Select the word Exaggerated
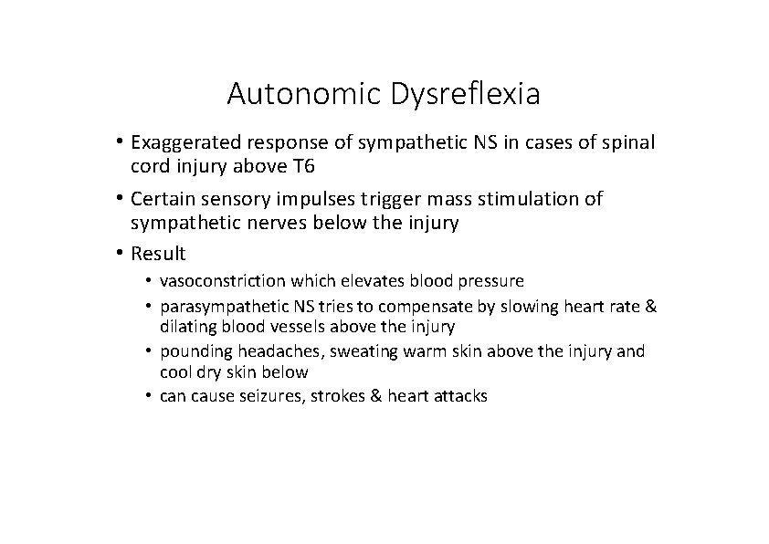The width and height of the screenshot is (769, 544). tap(186, 144)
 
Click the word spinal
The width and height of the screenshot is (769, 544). tap(629, 143)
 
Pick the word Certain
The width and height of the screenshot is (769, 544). tap(161, 198)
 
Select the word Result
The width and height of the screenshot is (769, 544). tap(158, 253)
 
